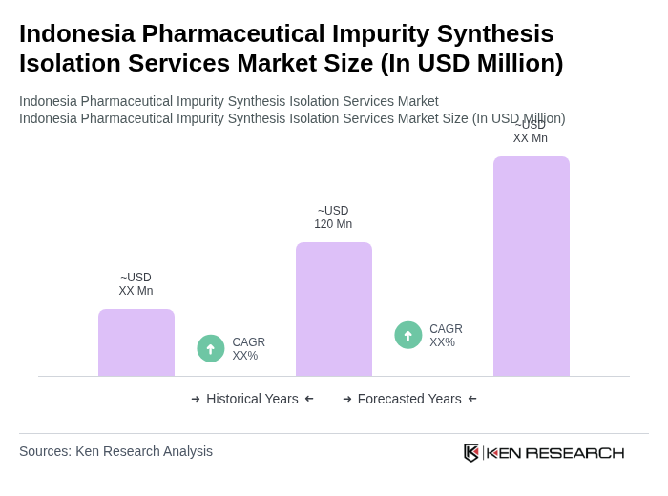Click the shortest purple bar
click(x=136, y=342)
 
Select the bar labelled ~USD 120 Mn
click(x=334, y=309)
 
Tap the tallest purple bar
click(x=532, y=266)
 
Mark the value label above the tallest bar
click(x=531, y=132)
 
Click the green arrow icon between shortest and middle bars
click(x=211, y=348)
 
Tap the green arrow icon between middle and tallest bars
click(x=408, y=335)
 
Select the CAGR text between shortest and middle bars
click(x=248, y=349)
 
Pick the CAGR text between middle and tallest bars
click(x=446, y=336)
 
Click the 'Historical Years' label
click(x=252, y=399)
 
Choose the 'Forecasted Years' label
click(x=409, y=399)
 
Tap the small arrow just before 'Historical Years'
click(x=196, y=399)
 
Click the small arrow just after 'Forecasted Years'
click(x=472, y=399)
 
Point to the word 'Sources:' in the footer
click(x=45, y=451)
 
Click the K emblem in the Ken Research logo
click(x=471, y=452)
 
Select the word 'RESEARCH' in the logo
click(x=574, y=452)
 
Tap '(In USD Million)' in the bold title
click(x=471, y=63)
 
